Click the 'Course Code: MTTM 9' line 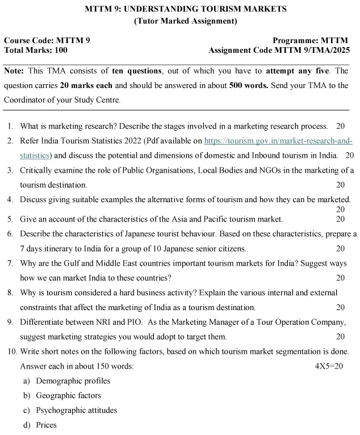[47, 40]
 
